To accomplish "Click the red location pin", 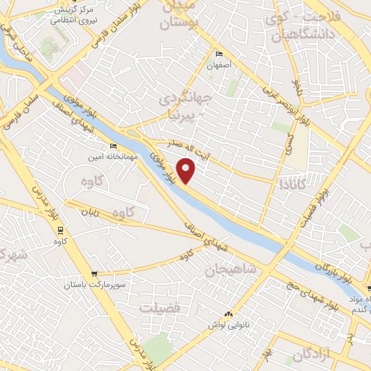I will [187, 170].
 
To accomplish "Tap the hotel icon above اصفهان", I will [220, 54].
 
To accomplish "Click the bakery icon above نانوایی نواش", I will [229, 314].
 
